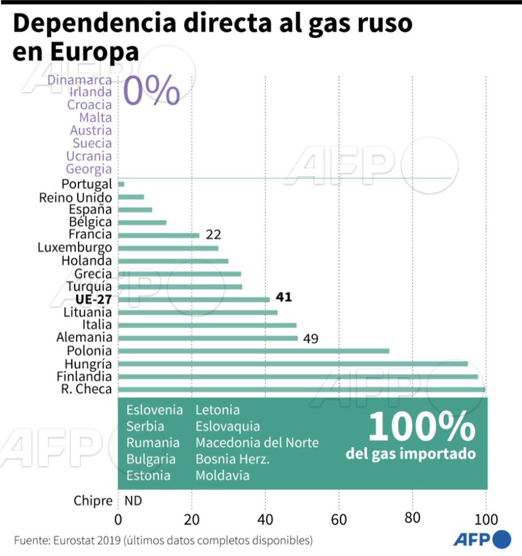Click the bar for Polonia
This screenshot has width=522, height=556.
253,351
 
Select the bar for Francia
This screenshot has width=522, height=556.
159,235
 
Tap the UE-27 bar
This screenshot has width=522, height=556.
194,300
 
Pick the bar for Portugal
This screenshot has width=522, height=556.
121,184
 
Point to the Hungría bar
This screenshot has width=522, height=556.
292,364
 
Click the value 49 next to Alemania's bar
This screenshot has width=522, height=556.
311,339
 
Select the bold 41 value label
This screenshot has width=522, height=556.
284,298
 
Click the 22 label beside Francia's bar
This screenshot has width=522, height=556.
214,235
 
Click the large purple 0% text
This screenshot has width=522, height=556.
151,91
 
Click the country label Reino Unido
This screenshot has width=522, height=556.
75,198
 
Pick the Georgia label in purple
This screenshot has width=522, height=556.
89,169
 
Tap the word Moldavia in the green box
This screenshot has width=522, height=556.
222,476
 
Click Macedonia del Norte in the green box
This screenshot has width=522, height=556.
257,443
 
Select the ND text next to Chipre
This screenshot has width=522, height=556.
133,501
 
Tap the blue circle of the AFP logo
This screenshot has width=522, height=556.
501,539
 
